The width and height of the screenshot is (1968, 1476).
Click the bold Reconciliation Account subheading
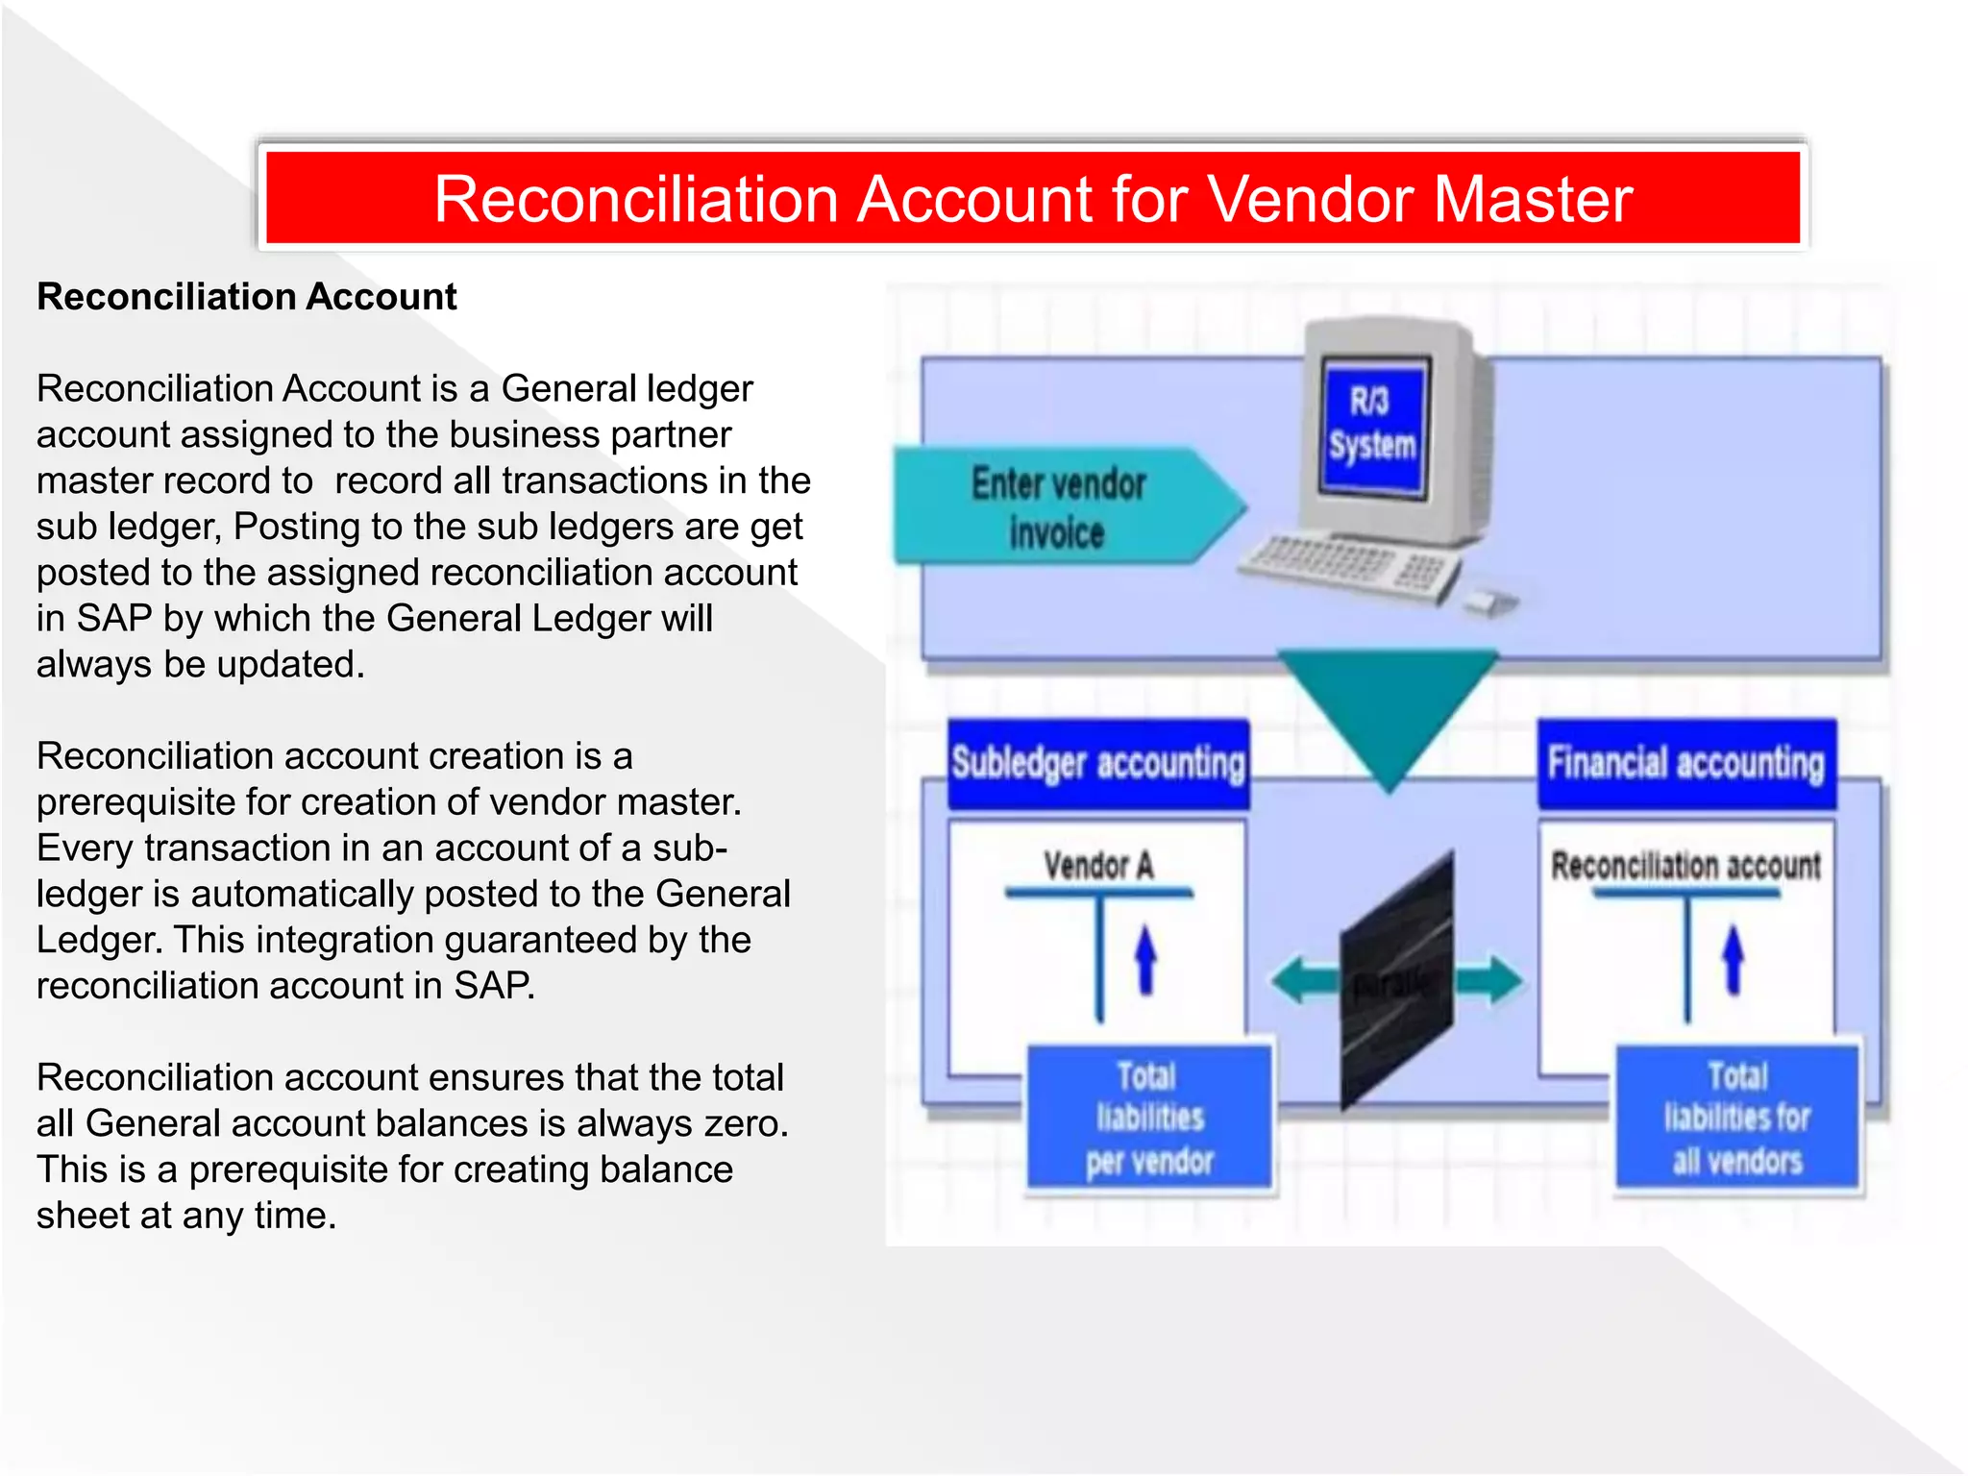[x=246, y=297]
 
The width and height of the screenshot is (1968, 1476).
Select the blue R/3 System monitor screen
[x=1372, y=426]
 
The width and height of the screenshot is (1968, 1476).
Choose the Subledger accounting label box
[x=1098, y=764]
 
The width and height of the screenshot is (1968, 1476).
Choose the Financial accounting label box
[x=1685, y=764]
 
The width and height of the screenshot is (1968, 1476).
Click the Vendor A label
[x=1098, y=866]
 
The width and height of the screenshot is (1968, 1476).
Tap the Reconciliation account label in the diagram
[x=1685, y=866]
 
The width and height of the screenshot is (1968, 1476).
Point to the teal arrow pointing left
[x=1305, y=981]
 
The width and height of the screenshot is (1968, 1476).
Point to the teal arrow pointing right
[x=1488, y=981]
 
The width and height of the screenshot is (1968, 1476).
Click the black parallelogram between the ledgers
[x=1396, y=980]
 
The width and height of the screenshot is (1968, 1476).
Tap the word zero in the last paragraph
[x=744, y=1123]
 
